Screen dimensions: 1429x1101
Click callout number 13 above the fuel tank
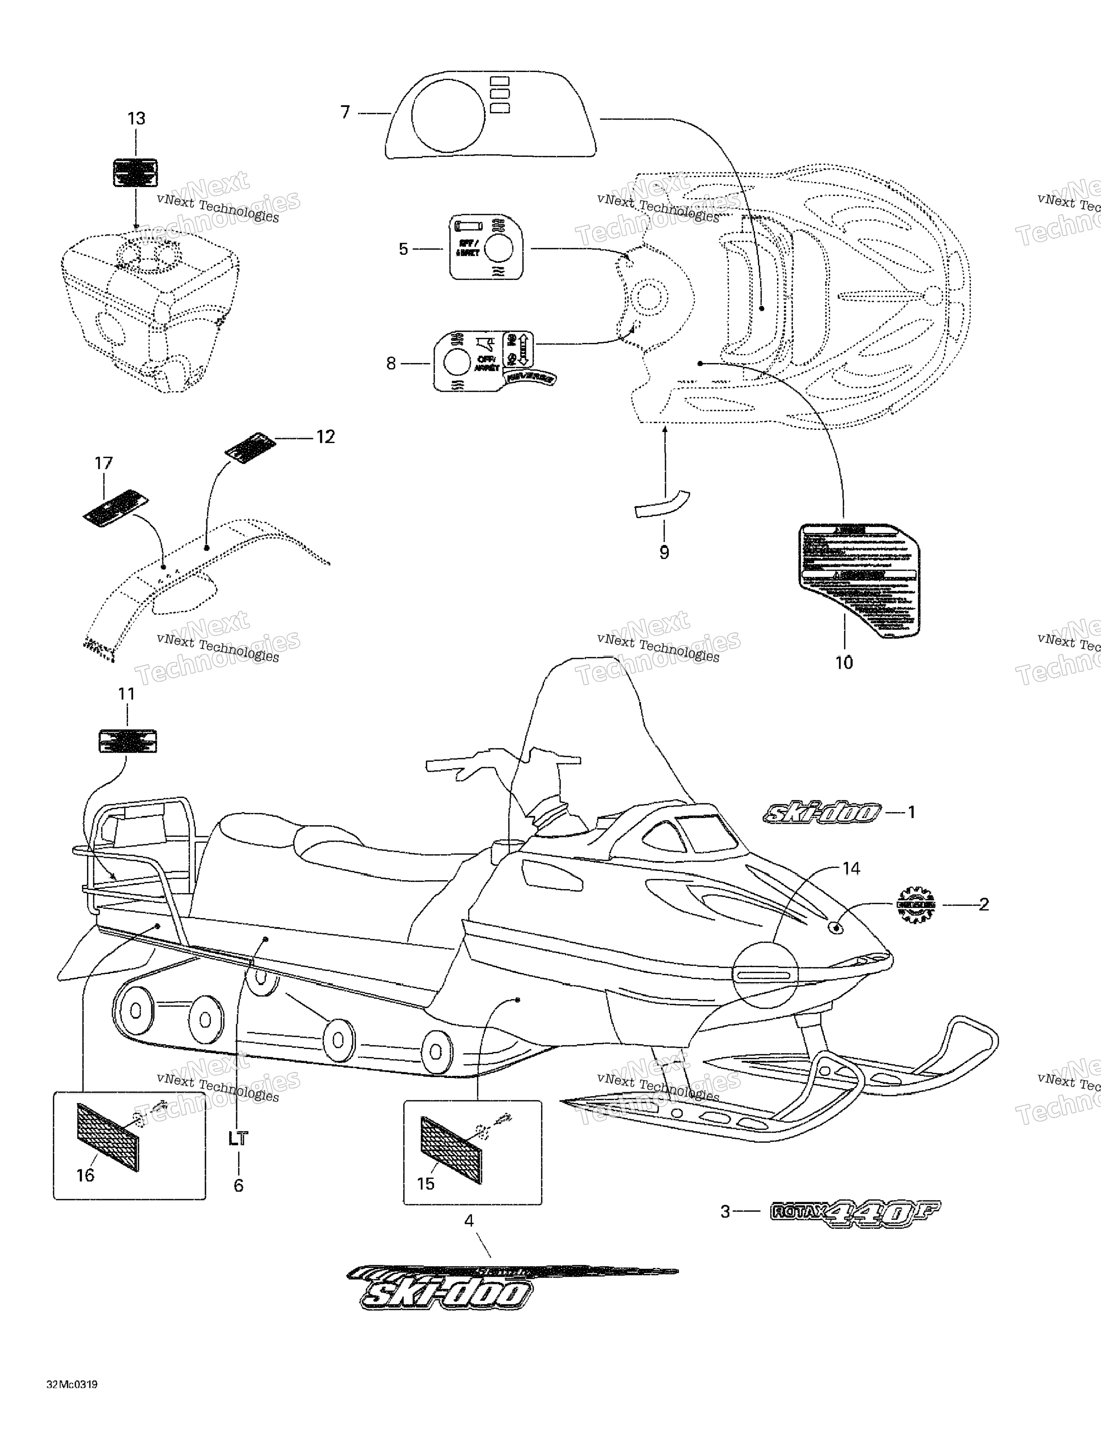pos(136,118)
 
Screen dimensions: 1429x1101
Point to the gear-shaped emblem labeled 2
pos(916,905)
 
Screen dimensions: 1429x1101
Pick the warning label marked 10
pos(858,580)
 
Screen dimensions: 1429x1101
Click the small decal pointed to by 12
pos(247,447)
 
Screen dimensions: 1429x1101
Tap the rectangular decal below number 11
pos(128,741)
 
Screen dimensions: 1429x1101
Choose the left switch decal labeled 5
pos(486,247)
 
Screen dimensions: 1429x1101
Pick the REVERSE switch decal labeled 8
pos(488,362)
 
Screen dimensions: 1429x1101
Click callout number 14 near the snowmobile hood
pos(850,868)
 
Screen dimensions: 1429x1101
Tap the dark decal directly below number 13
pos(135,172)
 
